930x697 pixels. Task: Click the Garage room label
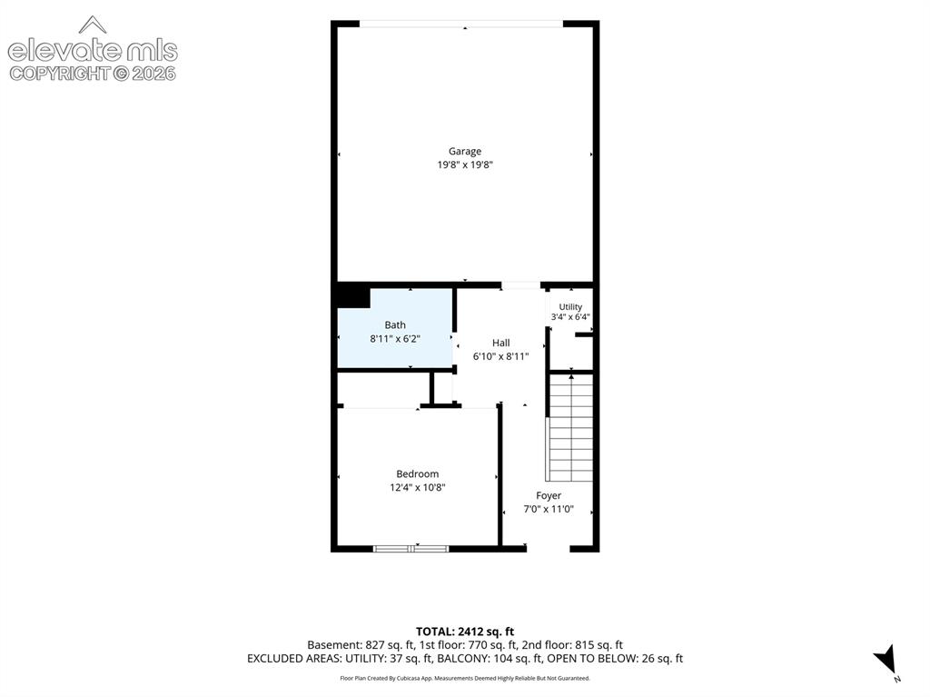(464, 152)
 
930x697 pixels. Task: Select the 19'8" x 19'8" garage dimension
(465, 165)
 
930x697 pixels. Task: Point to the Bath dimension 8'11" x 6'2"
(395, 339)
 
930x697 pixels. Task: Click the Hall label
(500, 343)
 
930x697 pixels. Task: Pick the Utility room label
(570, 306)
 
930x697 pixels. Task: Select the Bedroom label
(418, 473)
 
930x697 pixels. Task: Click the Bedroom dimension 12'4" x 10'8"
(418, 487)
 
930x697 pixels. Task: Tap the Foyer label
(549, 496)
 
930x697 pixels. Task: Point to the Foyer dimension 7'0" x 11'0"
(549, 510)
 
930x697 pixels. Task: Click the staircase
(570, 427)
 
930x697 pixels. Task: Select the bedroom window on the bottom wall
(411, 549)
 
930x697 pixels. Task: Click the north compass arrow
(885, 660)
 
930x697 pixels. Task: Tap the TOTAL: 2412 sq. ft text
(465, 632)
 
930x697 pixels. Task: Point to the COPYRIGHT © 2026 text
(93, 74)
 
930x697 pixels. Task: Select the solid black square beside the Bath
(353, 298)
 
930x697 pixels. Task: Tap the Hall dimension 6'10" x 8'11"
(500, 357)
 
